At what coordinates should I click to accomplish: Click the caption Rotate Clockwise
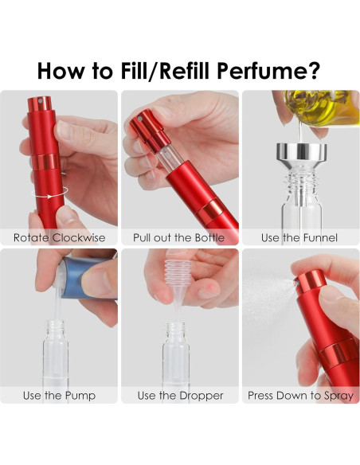[59, 237]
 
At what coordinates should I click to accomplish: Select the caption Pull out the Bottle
[179, 237]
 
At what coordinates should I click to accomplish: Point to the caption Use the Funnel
[299, 237]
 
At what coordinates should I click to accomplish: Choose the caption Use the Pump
[59, 396]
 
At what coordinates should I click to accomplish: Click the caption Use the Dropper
[180, 396]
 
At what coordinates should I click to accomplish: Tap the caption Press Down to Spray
[301, 396]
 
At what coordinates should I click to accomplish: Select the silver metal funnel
[302, 157]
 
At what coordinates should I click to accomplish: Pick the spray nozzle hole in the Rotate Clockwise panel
[41, 100]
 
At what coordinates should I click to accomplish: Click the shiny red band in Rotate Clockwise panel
[46, 162]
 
